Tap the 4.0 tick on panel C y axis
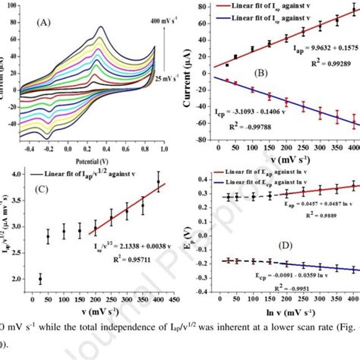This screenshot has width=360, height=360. click(x=23, y=174)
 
